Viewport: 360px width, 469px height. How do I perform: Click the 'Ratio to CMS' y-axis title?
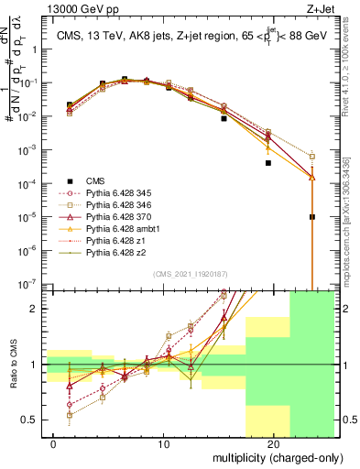pyautogui.click(x=12, y=365)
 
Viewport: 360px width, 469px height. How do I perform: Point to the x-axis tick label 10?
pyautogui.click(x=164, y=443)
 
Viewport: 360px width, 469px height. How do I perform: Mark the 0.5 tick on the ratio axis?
pyautogui.click(x=29, y=420)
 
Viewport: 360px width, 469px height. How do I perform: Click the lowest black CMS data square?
pyautogui.click(x=312, y=217)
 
